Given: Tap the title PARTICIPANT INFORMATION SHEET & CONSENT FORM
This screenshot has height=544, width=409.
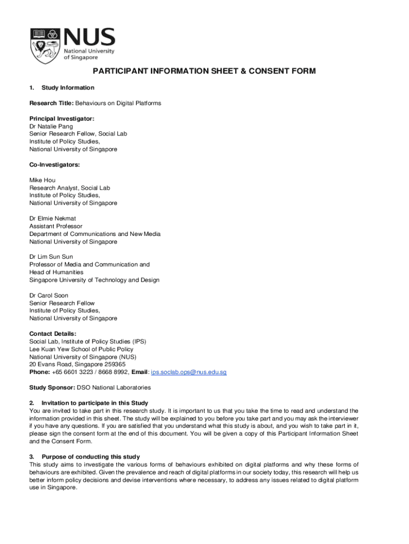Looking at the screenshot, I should click(x=204, y=71).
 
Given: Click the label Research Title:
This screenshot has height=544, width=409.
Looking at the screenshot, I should click(x=51, y=103).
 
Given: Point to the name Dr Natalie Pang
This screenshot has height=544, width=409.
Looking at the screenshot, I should click(x=51, y=126).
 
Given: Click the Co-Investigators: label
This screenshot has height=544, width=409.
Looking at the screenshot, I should click(x=54, y=165).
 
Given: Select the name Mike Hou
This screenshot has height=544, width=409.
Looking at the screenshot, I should click(x=42, y=180).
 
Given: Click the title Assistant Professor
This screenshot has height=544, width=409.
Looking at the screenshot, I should click(x=56, y=226).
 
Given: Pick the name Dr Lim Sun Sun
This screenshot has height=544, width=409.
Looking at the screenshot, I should click(x=51, y=257).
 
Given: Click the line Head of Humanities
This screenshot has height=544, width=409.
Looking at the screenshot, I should click(x=56, y=272).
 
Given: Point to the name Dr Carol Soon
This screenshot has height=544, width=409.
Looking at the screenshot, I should click(x=49, y=295).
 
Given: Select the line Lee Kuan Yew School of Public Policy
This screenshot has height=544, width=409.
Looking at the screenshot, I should click(x=81, y=350).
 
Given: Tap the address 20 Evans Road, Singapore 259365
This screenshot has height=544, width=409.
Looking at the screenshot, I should click(x=78, y=364).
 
